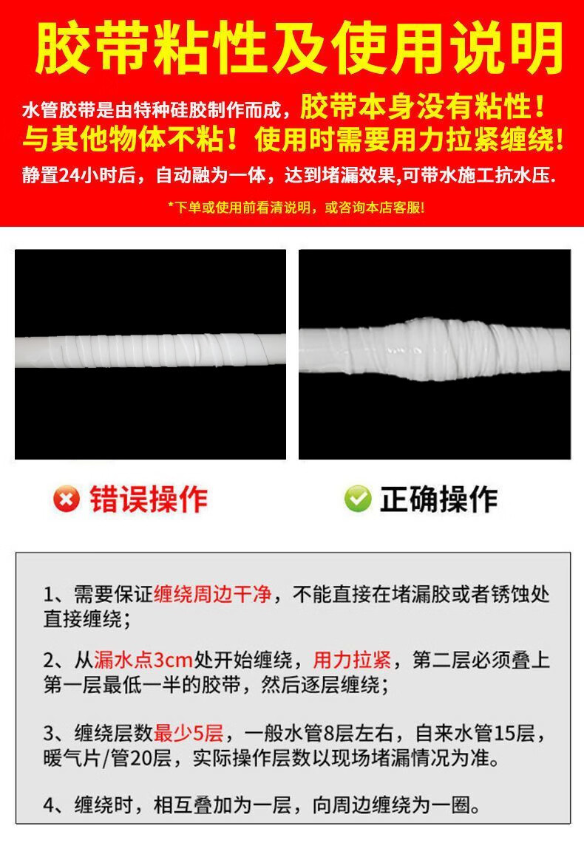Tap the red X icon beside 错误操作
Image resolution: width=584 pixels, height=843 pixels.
coord(66,499)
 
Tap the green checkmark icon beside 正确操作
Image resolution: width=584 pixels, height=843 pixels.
coord(358,499)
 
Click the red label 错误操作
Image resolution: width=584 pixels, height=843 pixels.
coord(149,499)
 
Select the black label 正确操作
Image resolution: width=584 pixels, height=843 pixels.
coord(439,499)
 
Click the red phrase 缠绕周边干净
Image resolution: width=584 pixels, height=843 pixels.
coord(212,595)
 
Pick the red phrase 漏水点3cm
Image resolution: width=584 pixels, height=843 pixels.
coord(143,660)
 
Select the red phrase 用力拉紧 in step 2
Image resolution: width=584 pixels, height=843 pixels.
coord(352,660)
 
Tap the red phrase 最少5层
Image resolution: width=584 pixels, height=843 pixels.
coord(189,733)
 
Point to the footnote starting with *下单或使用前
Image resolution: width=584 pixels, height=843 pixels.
coord(296,208)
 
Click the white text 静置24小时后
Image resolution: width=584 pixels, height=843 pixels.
coord(79,176)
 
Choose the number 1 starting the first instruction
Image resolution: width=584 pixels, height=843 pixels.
coord(50,595)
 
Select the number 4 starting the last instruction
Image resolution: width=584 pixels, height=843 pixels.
coord(50,805)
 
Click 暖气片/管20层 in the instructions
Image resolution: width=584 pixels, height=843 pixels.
coord(107,758)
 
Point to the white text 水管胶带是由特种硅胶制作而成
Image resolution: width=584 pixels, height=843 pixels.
coord(152,111)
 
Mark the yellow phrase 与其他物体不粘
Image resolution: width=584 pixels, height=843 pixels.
coord(124,140)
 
